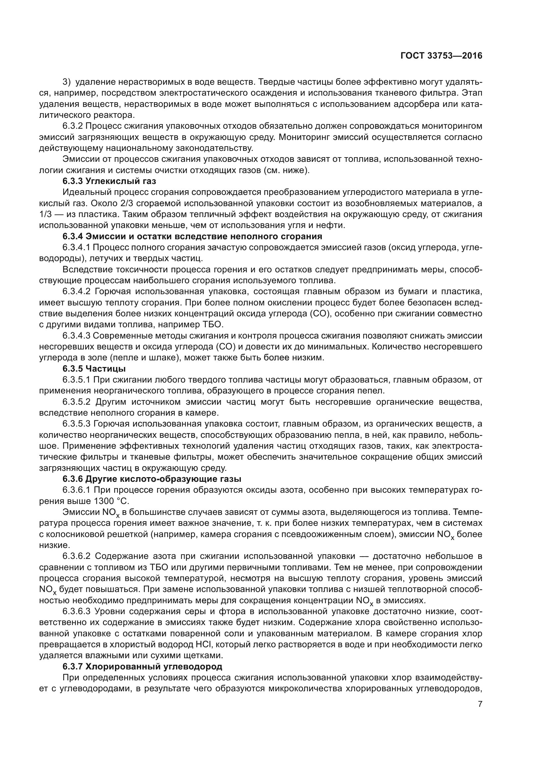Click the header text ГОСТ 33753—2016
[441, 56]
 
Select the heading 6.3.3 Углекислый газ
[109, 181]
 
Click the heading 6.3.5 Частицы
[94, 369]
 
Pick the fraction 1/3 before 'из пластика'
[45, 214]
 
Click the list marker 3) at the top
[67, 82]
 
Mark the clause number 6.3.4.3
[77, 336]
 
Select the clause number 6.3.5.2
[77, 402]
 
